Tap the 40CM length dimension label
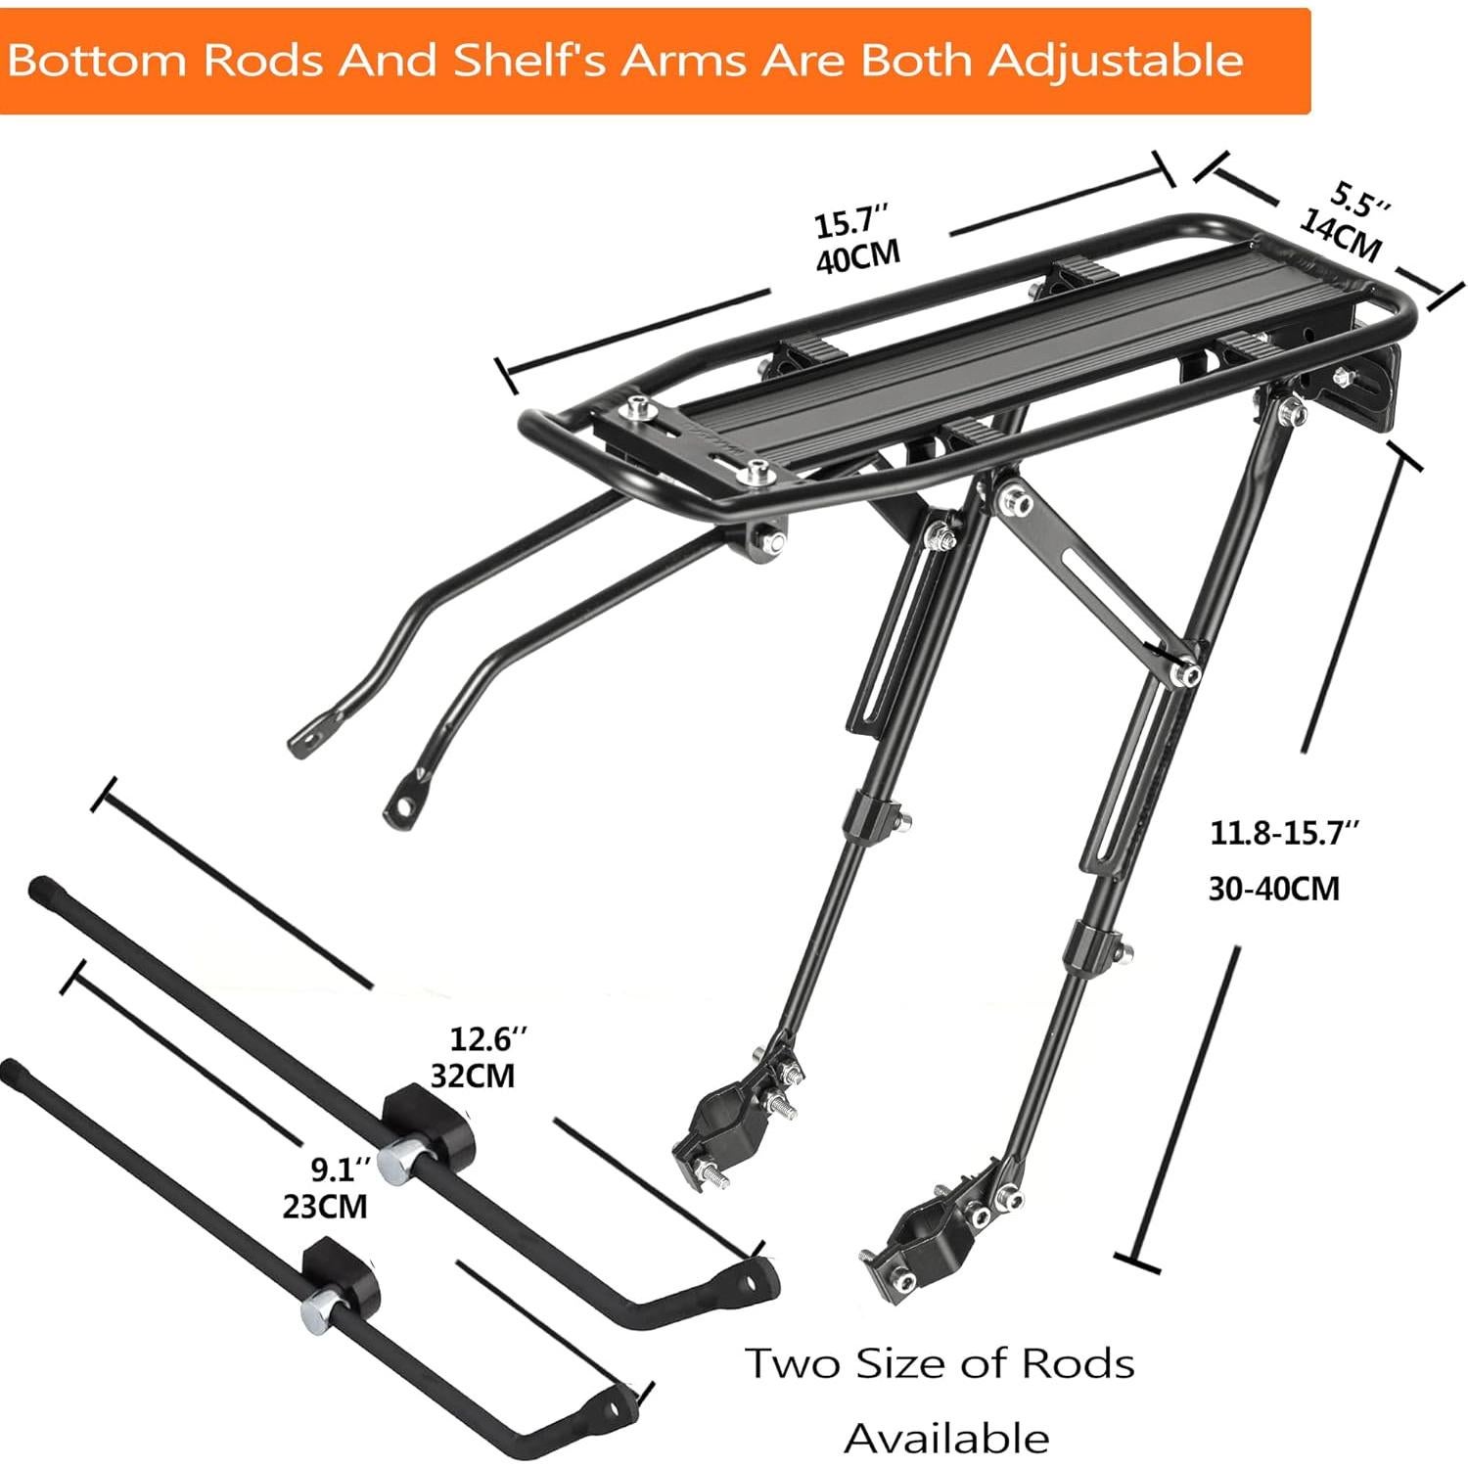857,257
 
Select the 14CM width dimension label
1340,235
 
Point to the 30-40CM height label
1273,888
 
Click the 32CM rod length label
473,1076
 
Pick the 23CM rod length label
325,1205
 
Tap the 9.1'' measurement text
341,1168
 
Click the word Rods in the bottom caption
1078,1363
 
